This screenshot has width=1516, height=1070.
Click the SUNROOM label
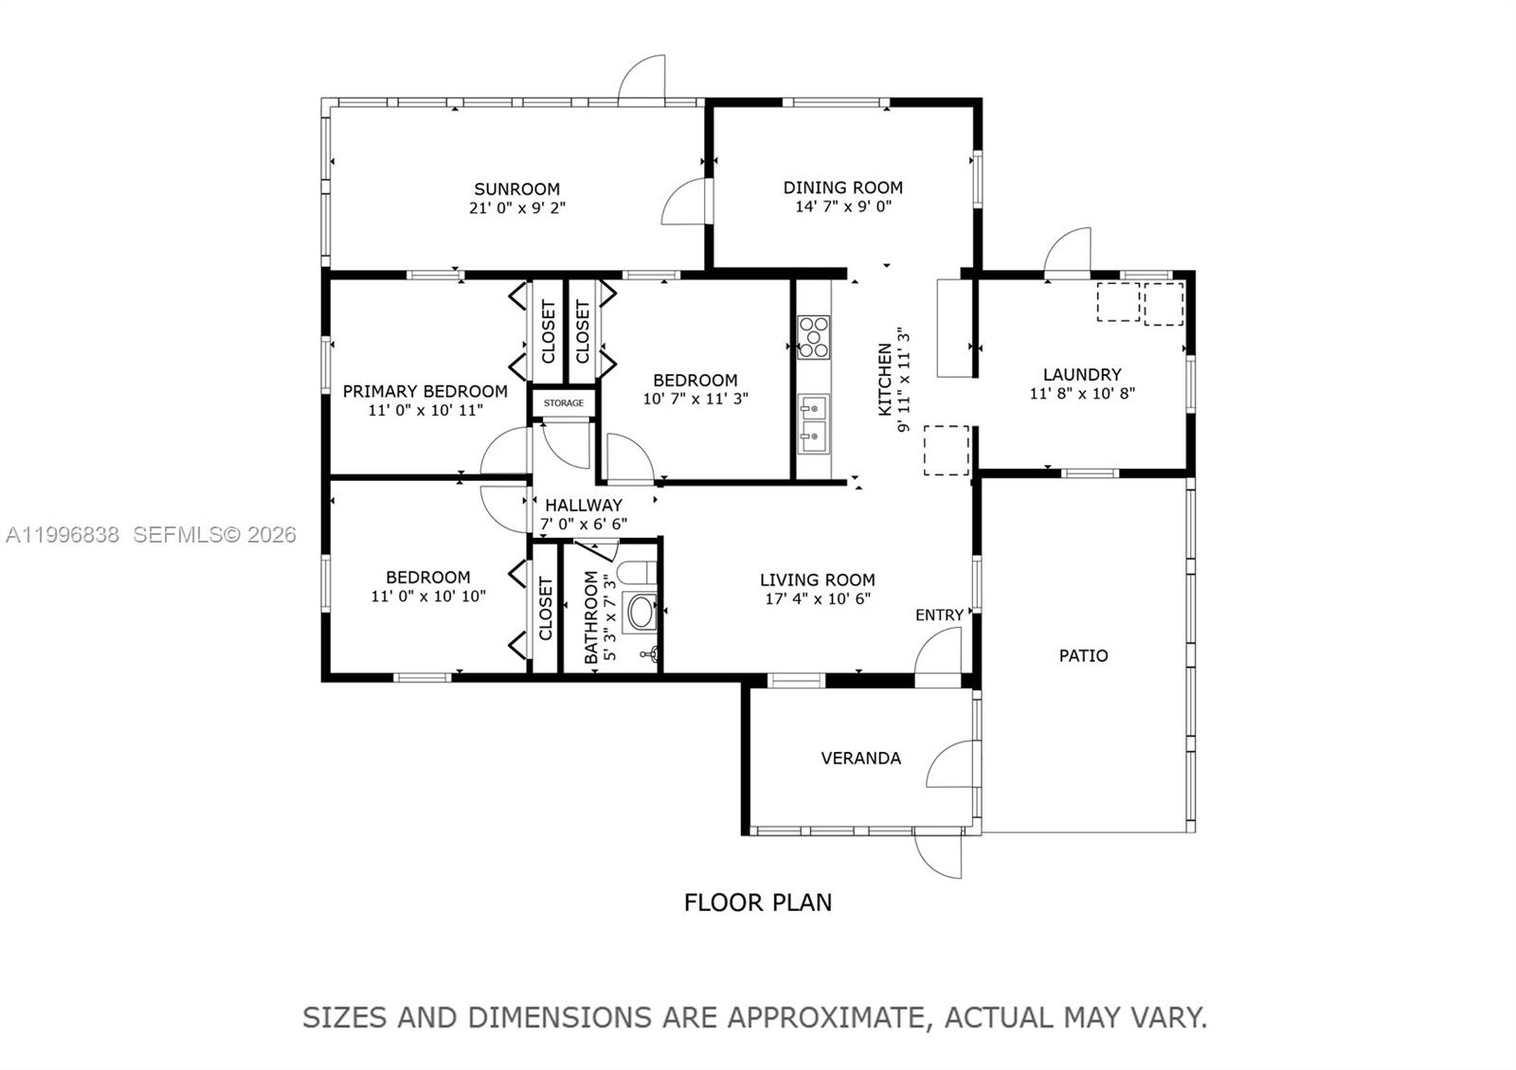click(516, 188)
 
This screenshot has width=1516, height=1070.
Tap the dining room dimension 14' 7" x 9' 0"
click(842, 206)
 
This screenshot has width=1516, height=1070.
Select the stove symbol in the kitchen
click(813, 337)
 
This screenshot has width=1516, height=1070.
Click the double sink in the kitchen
click(813, 423)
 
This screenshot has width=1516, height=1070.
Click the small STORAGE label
click(564, 403)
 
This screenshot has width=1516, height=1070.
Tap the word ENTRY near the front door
click(939, 615)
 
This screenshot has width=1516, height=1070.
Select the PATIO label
click(1083, 655)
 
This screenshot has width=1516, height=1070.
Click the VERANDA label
click(860, 758)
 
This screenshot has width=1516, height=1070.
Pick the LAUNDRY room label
click(1082, 375)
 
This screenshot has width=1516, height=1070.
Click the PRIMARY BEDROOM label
click(424, 391)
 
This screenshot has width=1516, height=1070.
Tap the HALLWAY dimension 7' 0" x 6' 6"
click(583, 524)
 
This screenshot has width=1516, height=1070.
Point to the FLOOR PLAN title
click(758, 902)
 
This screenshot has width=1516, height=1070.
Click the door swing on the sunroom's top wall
click(643, 79)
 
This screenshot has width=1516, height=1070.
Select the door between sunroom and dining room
click(686, 201)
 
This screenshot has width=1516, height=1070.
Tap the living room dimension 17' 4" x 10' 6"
click(817, 598)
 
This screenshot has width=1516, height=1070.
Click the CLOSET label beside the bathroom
click(546, 608)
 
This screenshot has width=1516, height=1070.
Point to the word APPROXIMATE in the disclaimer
click(823, 1018)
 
